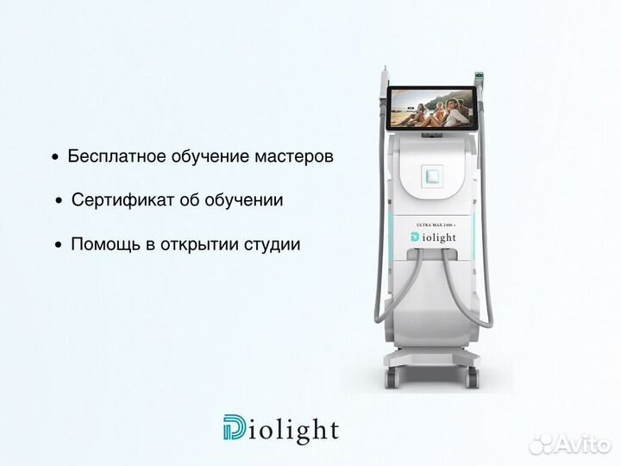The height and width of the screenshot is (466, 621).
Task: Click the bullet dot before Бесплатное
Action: pos(56,158)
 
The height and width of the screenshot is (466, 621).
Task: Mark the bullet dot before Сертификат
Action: pos(59,201)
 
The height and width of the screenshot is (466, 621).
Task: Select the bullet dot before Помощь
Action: pos(59,245)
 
